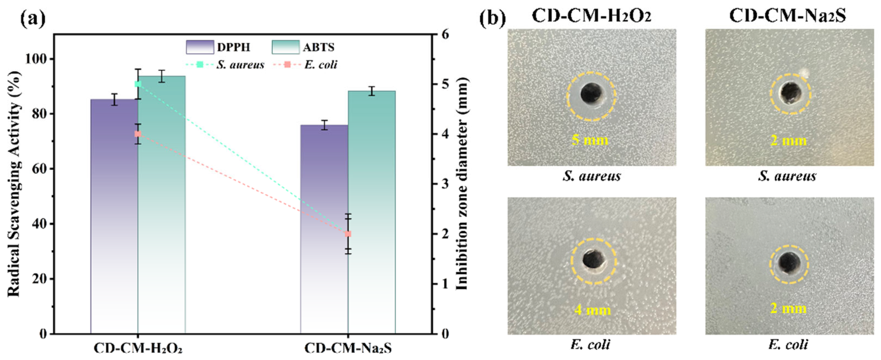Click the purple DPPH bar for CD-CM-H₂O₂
[x=114, y=216]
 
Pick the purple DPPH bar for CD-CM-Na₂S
[x=324, y=229]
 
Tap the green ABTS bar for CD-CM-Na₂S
[x=372, y=212]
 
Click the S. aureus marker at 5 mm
[x=138, y=84]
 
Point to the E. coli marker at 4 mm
[x=138, y=134]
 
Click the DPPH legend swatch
[x=200, y=47]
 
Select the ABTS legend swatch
[x=286, y=47]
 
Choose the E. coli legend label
[x=321, y=64]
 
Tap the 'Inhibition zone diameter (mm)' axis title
[x=463, y=183]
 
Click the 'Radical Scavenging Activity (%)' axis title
[x=14, y=183]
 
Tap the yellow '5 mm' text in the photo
[x=590, y=140]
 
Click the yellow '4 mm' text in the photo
[x=593, y=310]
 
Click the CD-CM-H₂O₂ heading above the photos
[x=591, y=16]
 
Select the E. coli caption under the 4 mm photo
[x=590, y=344]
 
